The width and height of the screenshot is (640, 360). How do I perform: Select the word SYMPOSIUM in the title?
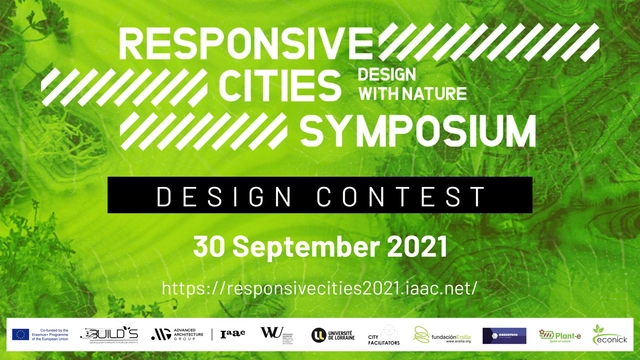pyautogui.click(x=419, y=129)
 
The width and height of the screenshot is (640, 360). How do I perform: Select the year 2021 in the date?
pyautogui.click(x=411, y=245)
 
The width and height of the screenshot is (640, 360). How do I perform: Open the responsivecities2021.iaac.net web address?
pyautogui.click(x=320, y=288)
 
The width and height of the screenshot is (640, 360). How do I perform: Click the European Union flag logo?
pyautogui.click(x=20, y=335)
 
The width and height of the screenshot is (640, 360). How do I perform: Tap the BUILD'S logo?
pyautogui.click(x=110, y=335)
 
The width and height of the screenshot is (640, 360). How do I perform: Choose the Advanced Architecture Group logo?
pyautogui.click(x=178, y=335)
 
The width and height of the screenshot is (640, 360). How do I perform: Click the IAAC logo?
pyautogui.click(x=232, y=335)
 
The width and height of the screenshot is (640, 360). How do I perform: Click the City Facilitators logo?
pyautogui.click(x=384, y=335)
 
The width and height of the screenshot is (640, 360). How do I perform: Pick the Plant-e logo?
pyautogui.click(x=559, y=335)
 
